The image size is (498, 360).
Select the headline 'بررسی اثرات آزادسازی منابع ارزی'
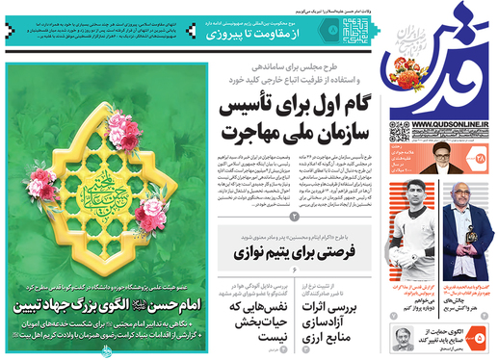click(351, 316)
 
